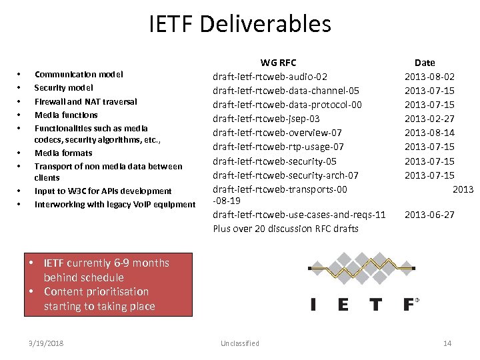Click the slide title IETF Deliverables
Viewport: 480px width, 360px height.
tap(240, 24)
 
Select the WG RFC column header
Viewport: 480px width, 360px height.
tap(278, 63)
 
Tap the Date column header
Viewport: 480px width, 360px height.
tap(425, 63)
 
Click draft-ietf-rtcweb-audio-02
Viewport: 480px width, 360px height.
tap(269, 77)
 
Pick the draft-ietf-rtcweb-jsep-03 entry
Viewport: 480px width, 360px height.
tap(266, 119)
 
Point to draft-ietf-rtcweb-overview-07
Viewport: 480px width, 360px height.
tap(277, 133)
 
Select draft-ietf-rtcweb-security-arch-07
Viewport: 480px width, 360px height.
tap(285, 175)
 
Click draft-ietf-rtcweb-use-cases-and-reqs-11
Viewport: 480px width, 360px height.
tap(299, 215)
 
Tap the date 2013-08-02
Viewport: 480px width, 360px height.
tap(429, 77)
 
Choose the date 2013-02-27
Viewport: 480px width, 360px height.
tap(429, 119)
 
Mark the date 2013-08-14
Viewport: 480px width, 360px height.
tap(429, 133)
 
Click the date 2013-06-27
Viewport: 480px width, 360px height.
tap(429, 215)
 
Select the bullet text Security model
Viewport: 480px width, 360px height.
tap(63, 88)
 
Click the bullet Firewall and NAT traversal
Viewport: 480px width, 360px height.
tap(85, 101)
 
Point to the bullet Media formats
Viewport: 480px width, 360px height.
tap(63, 153)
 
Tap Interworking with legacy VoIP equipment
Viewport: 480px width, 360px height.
tap(115, 204)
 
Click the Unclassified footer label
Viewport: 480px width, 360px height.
tap(239, 343)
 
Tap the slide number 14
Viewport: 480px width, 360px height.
tap(447, 343)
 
